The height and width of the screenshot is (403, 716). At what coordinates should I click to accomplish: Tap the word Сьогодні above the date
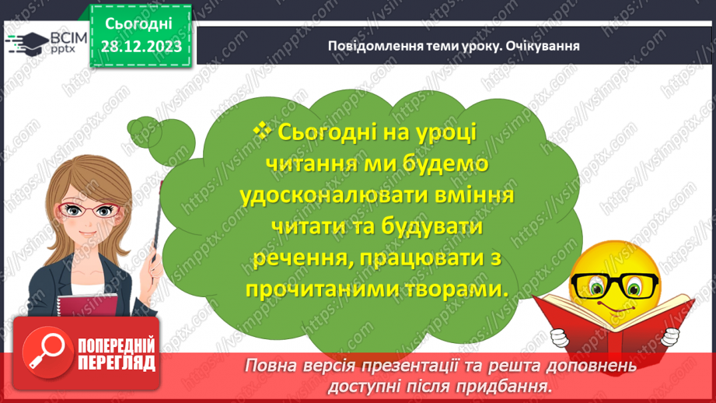pyautogui.click(x=141, y=25)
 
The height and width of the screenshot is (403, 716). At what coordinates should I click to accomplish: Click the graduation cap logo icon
pyautogui.click(x=24, y=44)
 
